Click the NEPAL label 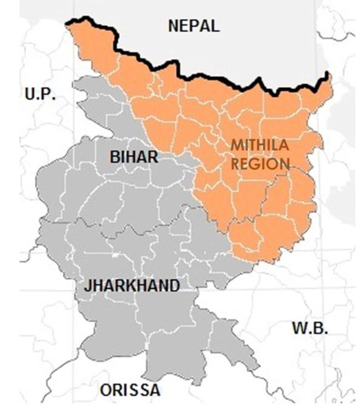tap(194, 26)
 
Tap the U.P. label tap(40, 94)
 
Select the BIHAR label tap(134, 157)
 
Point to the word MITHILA tap(260, 146)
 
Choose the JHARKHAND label tap(132, 286)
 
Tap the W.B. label tap(310, 328)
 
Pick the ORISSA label tap(130, 390)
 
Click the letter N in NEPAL tap(174, 26)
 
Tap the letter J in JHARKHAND tap(87, 286)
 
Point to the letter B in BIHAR tap(115, 157)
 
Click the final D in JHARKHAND tap(174, 286)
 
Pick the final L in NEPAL tap(215, 26)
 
